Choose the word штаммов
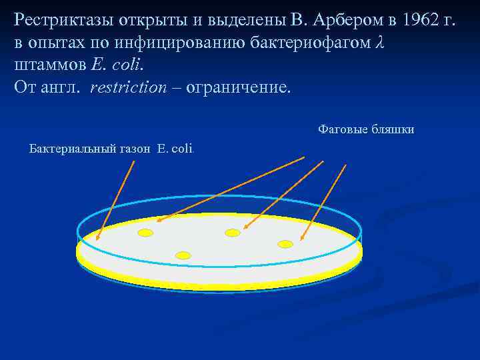click(46, 66)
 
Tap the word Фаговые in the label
click(341, 129)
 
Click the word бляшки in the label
click(392, 129)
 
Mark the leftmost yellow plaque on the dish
click(145, 233)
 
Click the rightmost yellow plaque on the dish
click(285, 244)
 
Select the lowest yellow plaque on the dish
click(183, 255)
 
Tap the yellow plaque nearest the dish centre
click(232, 233)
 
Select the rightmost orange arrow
click(324, 201)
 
